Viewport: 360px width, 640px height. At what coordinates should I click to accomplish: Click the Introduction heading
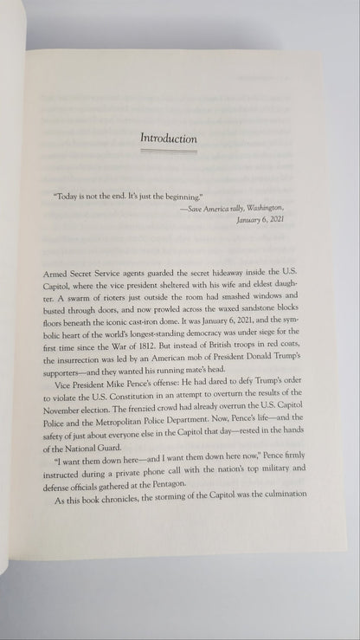170,139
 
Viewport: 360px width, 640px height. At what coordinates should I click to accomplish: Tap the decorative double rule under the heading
170,151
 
